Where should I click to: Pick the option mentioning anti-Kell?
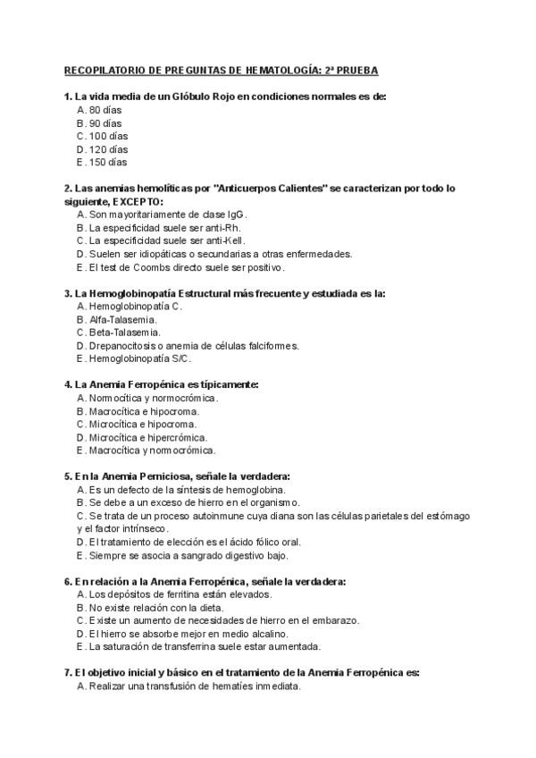coord(160,240)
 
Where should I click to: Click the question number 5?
coord(68,476)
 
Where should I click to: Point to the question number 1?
coord(68,97)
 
